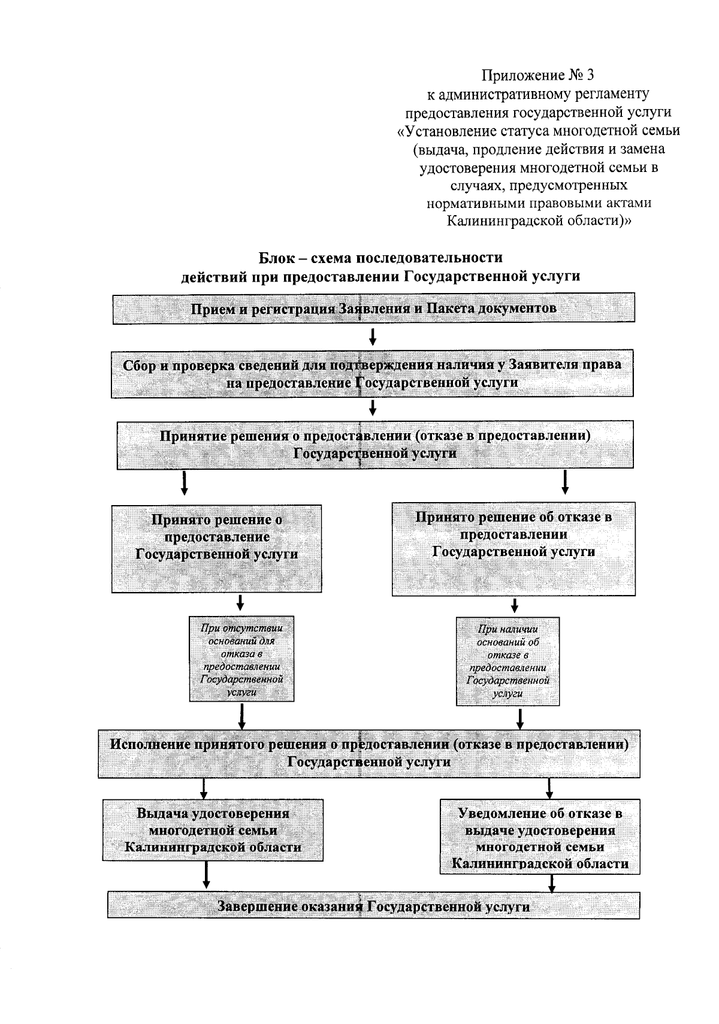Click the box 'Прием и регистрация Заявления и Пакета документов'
pyautogui.click(x=373, y=309)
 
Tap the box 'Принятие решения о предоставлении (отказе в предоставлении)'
pyautogui.click(x=375, y=445)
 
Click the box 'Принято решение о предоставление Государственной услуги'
pyautogui.click(x=216, y=548)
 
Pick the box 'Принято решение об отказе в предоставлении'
pyautogui.click(x=513, y=548)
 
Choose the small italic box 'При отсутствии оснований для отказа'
pyautogui.click(x=241, y=658)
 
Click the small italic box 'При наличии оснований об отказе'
pyautogui.click(x=507, y=661)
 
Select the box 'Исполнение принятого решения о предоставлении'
pyautogui.click(x=368, y=753)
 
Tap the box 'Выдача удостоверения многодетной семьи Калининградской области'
pyautogui.click(x=213, y=830)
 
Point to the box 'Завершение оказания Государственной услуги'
pyautogui.click(x=373, y=906)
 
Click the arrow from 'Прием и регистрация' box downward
pyautogui.click(x=373, y=336)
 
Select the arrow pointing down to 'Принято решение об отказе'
pyautogui.click(x=565, y=482)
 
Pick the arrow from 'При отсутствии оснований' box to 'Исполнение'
pyautogui.click(x=241, y=714)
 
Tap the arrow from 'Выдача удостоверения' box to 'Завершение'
pyautogui.click(x=206, y=875)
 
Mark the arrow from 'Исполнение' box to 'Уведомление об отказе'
pyautogui.click(x=549, y=787)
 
